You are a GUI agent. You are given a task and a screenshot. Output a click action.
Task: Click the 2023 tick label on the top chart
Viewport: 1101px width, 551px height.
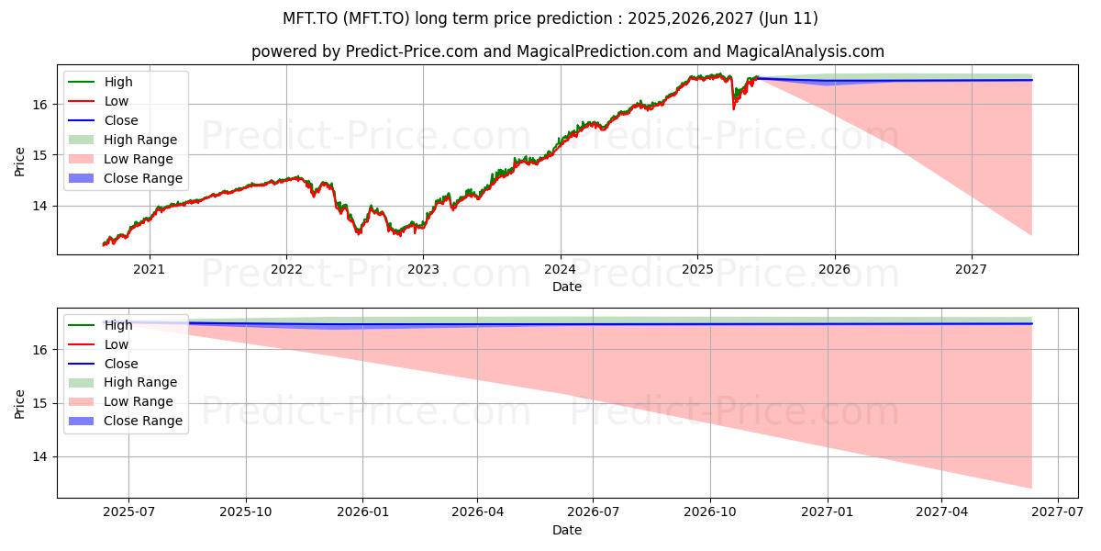(x=423, y=270)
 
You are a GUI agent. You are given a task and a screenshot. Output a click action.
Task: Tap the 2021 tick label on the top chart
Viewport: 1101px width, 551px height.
(x=149, y=270)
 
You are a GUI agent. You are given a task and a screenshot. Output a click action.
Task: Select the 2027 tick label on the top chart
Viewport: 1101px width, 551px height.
(x=971, y=270)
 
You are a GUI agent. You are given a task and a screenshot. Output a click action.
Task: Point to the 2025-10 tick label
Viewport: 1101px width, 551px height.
(x=246, y=512)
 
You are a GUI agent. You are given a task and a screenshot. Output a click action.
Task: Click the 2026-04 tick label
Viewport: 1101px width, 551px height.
(x=478, y=512)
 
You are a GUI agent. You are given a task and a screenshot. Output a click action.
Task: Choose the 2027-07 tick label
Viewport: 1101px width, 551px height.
(x=1057, y=512)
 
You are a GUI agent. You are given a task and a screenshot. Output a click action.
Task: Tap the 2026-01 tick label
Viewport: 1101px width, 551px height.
(x=362, y=512)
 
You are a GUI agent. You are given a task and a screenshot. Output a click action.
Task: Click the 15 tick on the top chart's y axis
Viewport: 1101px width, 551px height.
(x=39, y=155)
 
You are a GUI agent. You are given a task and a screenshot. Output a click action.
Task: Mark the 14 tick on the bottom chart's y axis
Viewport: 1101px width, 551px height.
(x=39, y=457)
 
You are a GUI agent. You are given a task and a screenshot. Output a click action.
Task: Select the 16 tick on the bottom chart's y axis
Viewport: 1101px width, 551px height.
(x=39, y=350)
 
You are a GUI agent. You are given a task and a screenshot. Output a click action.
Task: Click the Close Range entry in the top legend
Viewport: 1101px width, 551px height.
(x=126, y=178)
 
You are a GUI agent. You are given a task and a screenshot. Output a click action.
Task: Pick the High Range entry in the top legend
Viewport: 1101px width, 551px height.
(x=122, y=140)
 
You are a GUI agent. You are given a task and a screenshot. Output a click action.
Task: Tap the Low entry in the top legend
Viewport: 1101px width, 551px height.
(x=98, y=101)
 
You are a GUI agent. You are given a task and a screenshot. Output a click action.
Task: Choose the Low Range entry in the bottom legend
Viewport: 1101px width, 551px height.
(x=120, y=401)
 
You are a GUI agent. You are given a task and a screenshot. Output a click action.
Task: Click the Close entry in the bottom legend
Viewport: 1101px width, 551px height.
(x=103, y=364)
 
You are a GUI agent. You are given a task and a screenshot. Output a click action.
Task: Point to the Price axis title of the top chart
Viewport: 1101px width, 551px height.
(x=19, y=162)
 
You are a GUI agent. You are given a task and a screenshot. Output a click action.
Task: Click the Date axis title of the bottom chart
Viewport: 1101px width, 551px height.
(x=567, y=530)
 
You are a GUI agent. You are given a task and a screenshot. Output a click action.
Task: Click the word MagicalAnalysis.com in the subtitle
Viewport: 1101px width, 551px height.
(x=806, y=51)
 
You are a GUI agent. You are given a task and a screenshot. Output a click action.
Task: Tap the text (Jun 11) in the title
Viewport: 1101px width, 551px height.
(x=788, y=18)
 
